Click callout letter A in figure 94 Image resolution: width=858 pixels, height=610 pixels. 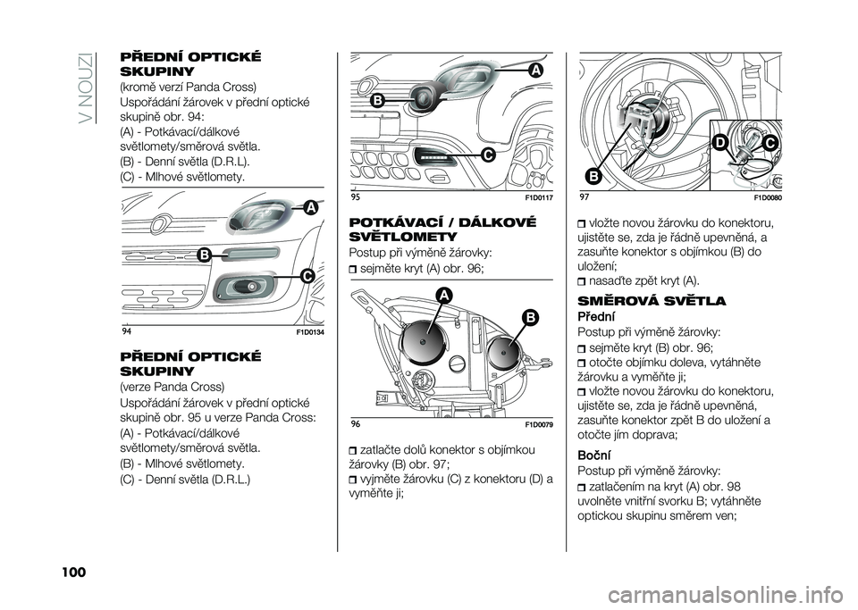pos(311,208)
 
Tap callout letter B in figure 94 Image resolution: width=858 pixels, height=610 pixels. pos(205,255)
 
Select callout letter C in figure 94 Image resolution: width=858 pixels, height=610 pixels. pos(307,277)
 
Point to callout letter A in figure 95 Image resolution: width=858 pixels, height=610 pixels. pos(535,71)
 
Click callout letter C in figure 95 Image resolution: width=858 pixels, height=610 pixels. pos(488,155)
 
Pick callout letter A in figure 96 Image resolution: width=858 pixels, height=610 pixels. pos(444,296)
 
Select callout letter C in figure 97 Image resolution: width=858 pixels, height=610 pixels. pos(770,143)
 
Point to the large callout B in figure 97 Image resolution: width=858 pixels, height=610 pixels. pos(593,176)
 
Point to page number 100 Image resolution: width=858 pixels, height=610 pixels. pos(71,572)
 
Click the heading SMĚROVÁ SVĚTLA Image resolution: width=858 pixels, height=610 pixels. pos(652,301)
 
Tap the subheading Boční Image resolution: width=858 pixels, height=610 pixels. pos(594,455)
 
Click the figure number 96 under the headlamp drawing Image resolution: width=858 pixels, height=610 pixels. pos(355,425)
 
